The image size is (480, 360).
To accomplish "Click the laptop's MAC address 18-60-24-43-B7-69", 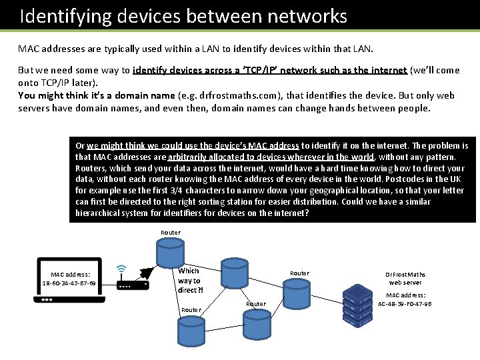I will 69,283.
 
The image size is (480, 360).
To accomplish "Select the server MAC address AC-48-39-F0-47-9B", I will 405,303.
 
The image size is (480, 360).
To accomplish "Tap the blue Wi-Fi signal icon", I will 121,269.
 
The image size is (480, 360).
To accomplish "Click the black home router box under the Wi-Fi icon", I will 133,285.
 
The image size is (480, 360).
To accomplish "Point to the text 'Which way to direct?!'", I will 189,281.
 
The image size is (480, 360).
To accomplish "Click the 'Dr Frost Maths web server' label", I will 405,278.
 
